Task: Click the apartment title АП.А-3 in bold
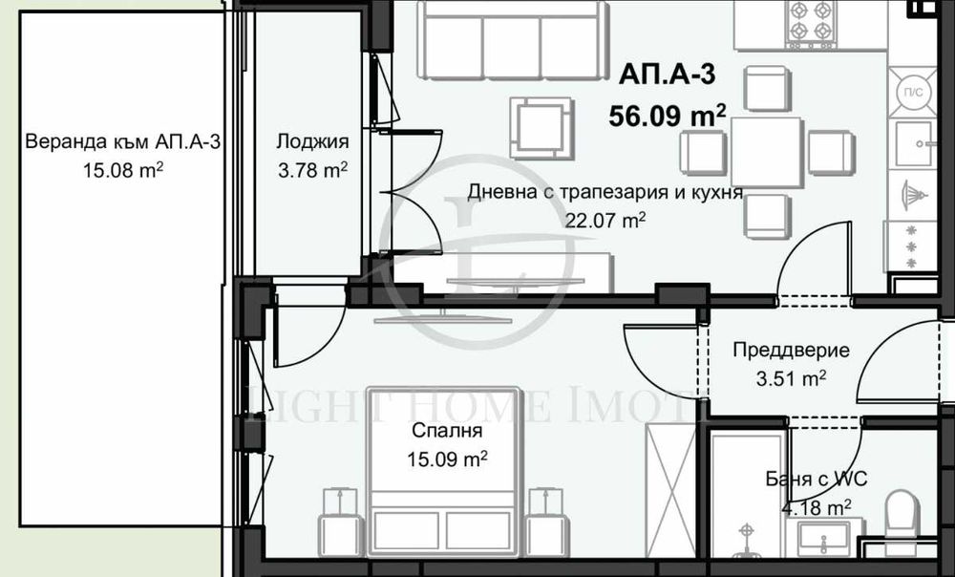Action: [x=667, y=74]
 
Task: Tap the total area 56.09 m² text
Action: [x=668, y=117]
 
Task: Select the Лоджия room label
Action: [x=312, y=142]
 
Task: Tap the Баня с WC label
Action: [x=817, y=480]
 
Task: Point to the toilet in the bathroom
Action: [x=902, y=517]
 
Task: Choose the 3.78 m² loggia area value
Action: [x=311, y=171]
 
